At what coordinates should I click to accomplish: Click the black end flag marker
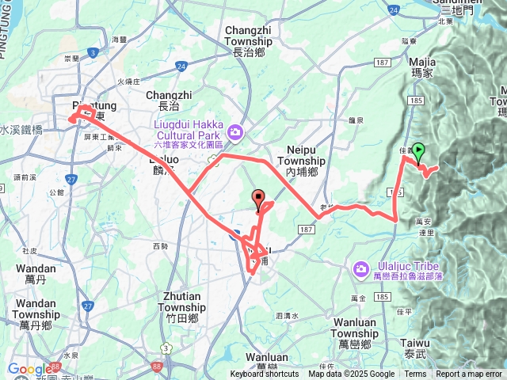[257, 198]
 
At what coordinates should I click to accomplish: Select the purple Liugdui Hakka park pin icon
[234, 131]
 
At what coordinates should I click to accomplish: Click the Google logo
[29, 369]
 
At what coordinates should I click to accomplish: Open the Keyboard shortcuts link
[265, 374]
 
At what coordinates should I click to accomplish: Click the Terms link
[415, 374]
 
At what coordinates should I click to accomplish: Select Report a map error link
[470, 374]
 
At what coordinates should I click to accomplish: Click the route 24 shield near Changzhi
[181, 66]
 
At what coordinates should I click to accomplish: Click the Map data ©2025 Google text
[351, 374]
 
